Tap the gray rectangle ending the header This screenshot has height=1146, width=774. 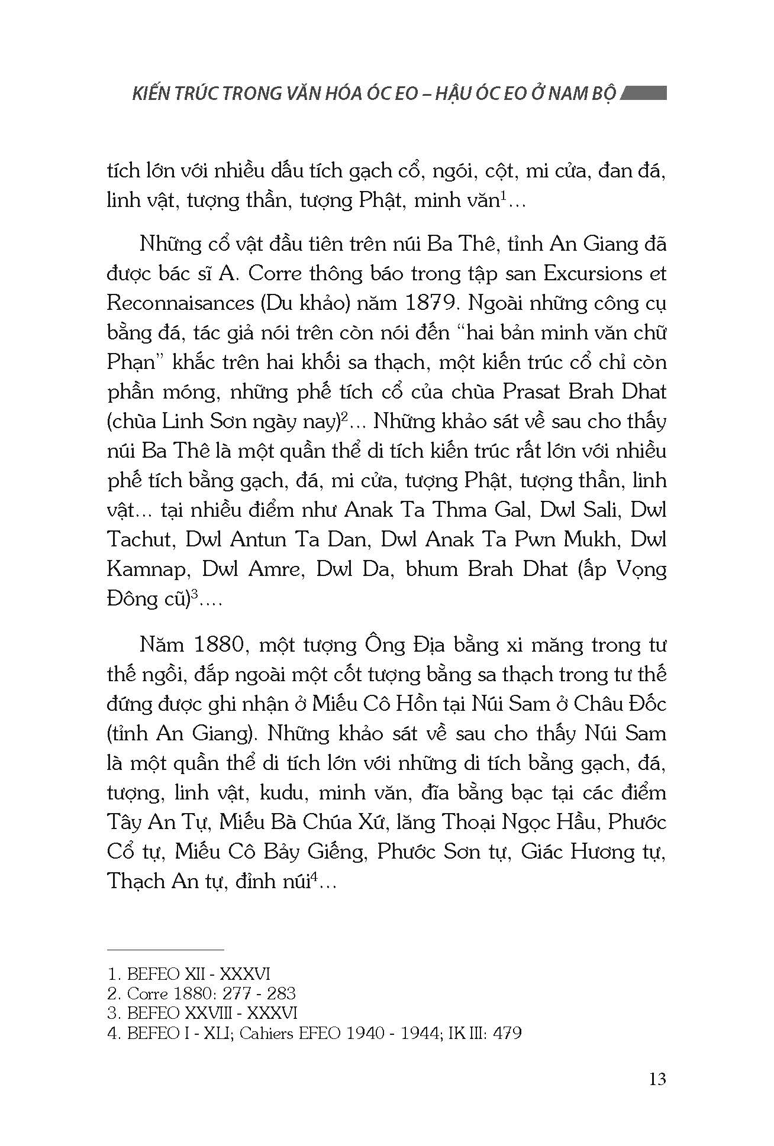[x=645, y=93]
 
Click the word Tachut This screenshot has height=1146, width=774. [x=140, y=540]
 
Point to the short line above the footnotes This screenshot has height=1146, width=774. [x=166, y=950]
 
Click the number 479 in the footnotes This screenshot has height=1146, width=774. [x=505, y=1034]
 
